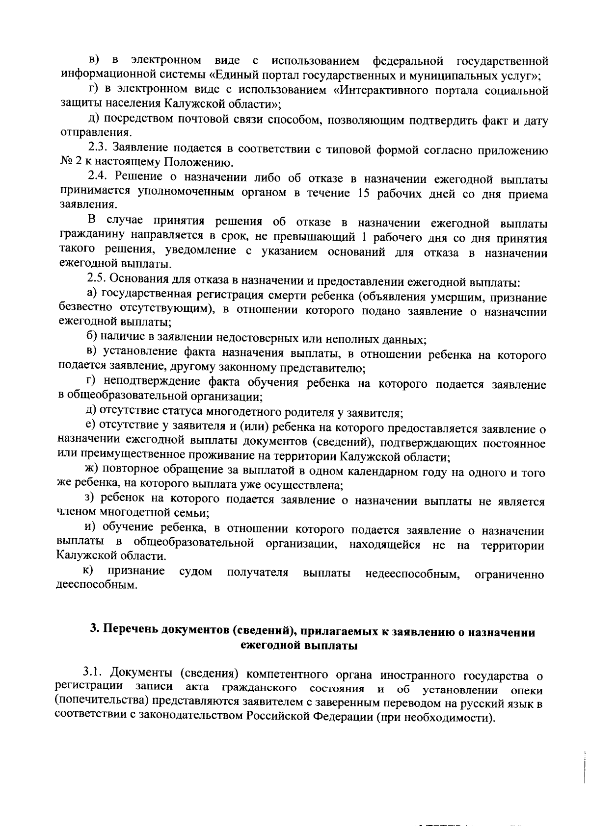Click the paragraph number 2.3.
point(99,147)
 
